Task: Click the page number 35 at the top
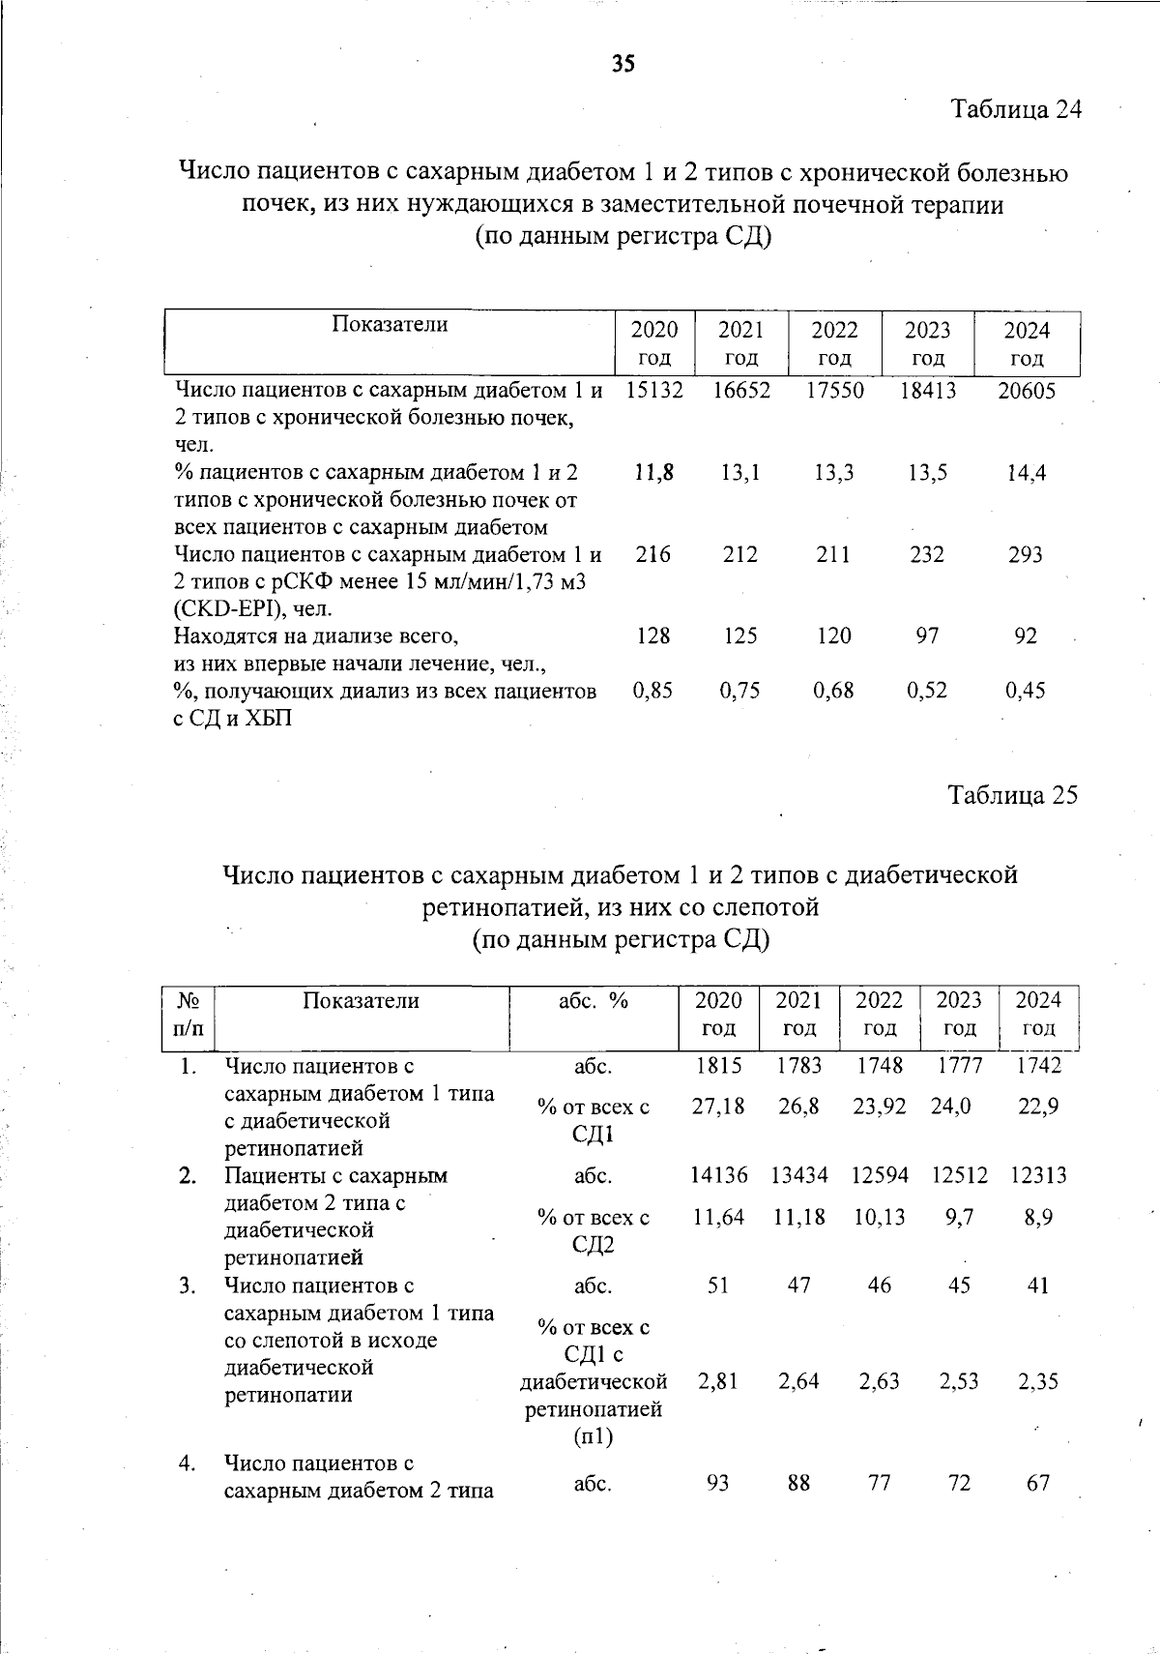[623, 64]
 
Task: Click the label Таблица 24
[1015, 108]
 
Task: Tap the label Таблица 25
[1012, 795]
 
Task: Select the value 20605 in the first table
[1026, 391]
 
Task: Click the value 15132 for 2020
[654, 391]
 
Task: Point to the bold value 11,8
[654, 473]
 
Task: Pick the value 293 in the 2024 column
[1026, 555]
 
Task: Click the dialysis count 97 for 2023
[927, 636]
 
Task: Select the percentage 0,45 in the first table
[1026, 691]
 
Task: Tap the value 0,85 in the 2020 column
[653, 691]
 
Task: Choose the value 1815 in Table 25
[718, 1066]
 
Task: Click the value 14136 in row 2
[718, 1175]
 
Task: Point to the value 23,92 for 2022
[879, 1107]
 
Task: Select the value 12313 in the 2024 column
[1038, 1175]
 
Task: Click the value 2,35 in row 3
[1038, 1381]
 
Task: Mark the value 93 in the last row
[717, 1483]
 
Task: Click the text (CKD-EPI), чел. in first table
[253, 609]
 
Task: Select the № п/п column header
[188, 1015]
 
